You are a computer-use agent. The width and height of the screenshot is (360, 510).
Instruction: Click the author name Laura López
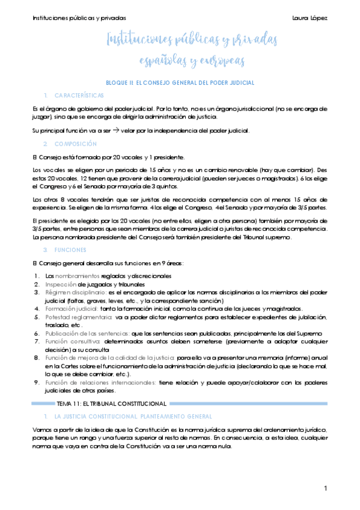click(x=310, y=17)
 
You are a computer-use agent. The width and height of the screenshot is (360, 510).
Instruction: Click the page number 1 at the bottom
click(x=325, y=488)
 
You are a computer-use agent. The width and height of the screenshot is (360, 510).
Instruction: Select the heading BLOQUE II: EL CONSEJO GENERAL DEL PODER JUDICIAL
click(x=180, y=82)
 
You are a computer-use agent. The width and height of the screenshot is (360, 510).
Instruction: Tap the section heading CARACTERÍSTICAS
click(x=79, y=96)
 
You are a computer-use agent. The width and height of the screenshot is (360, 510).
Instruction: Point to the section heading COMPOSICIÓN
click(x=75, y=144)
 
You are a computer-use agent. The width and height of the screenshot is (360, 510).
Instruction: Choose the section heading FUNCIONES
click(x=70, y=250)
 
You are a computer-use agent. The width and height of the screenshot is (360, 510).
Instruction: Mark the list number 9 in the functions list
click(x=37, y=366)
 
